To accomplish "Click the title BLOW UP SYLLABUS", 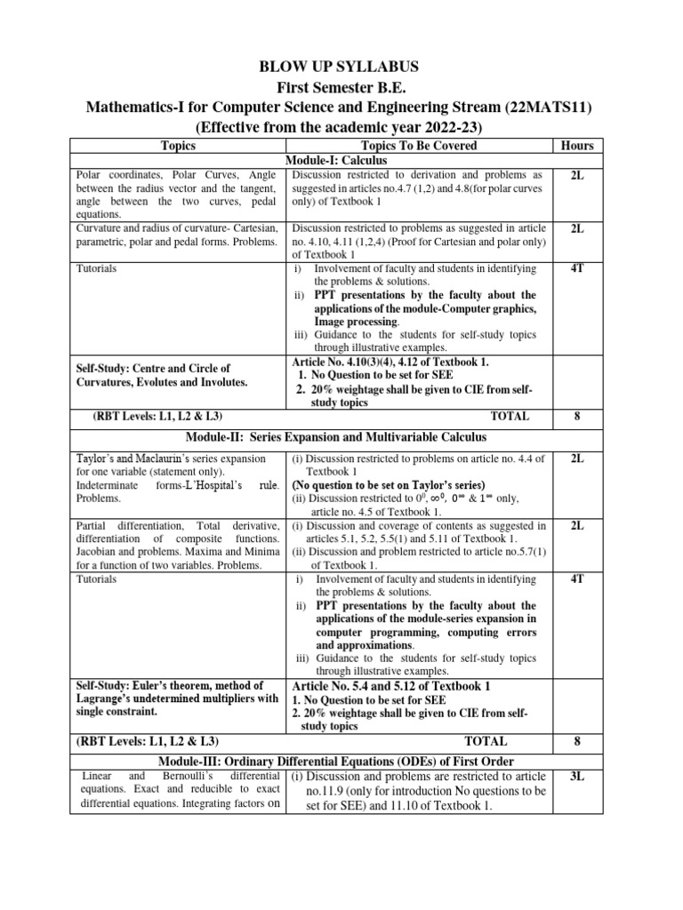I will (x=341, y=67).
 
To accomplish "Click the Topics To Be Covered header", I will (x=419, y=146).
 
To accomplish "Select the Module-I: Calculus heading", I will (x=341, y=160).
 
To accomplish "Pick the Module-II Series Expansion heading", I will (x=341, y=438).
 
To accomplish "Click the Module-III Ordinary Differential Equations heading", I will (x=341, y=761).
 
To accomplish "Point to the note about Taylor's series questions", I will (x=389, y=485).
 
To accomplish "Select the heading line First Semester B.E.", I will (x=341, y=87).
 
